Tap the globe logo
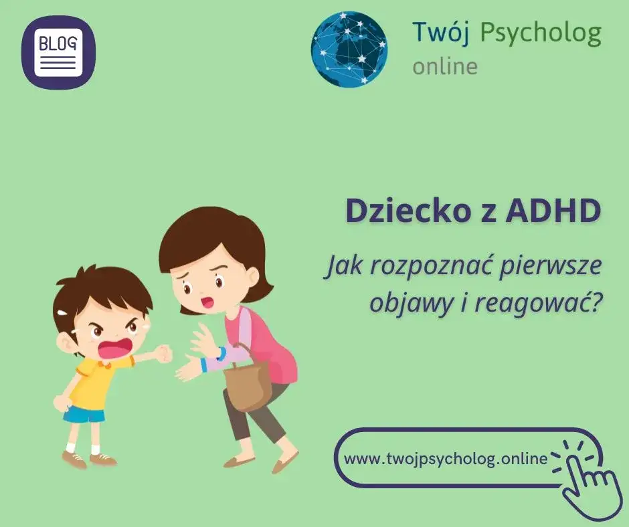tap(349, 49)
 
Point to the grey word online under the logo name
tap(445, 67)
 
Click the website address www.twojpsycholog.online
tap(445, 459)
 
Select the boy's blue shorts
tap(84, 414)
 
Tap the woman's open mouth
tap(208, 301)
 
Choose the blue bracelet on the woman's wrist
tap(221, 352)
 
